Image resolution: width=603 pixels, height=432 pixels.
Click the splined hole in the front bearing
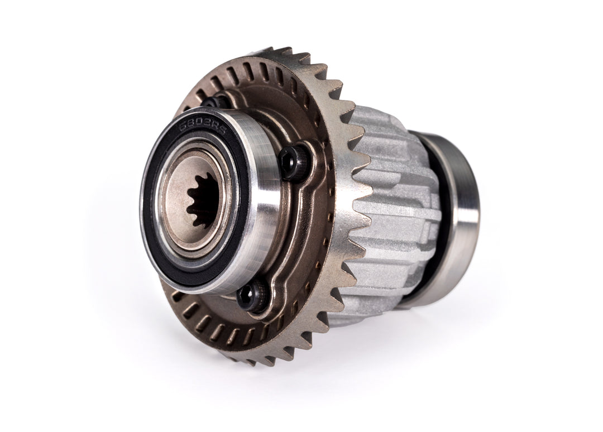(x=203, y=200)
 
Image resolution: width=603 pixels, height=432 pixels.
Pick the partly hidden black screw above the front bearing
(x=212, y=102)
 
